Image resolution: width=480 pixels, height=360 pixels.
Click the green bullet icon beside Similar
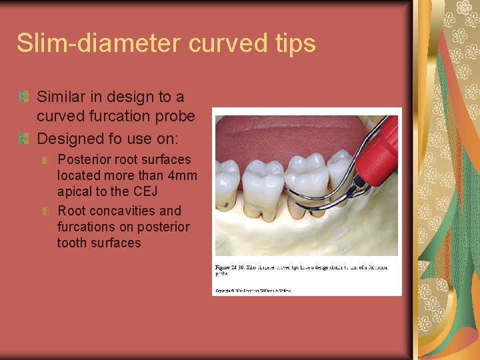point(25,97)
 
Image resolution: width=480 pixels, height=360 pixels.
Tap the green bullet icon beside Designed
point(25,139)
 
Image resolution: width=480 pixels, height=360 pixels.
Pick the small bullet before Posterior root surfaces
point(46,160)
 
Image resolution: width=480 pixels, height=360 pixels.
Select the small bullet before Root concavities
point(46,211)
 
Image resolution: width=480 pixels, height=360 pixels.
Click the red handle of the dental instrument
point(379,154)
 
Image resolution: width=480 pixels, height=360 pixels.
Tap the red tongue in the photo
point(280,137)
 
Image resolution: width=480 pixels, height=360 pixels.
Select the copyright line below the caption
point(253,291)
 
